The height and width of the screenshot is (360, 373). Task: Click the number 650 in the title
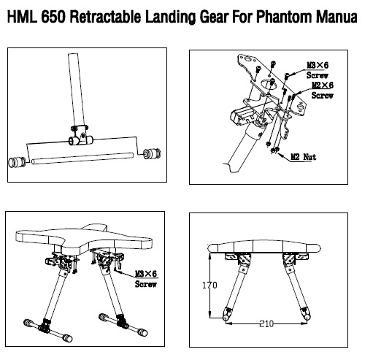tap(53, 17)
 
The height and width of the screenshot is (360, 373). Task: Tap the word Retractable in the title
tap(105, 17)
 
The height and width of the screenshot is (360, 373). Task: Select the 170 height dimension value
tap(209, 285)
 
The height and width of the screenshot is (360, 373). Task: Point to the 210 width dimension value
tap(266, 323)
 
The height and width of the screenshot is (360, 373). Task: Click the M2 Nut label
tap(304, 157)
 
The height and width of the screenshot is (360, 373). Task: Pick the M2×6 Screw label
tap(323, 90)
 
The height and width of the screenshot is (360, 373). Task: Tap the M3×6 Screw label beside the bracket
tap(318, 70)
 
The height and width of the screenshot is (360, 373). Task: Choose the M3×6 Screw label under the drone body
tap(146, 279)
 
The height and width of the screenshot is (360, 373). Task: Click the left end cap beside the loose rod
tap(17, 162)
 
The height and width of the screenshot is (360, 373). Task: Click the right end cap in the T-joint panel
tap(152, 153)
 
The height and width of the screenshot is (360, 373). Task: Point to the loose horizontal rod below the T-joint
tap(82, 158)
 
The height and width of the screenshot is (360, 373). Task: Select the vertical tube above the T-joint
tap(77, 90)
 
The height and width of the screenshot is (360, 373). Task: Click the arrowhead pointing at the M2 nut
tap(280, 154)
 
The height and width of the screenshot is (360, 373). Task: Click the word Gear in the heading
tap(214, 18)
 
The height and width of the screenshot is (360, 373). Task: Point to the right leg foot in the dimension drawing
tap(305, 314)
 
